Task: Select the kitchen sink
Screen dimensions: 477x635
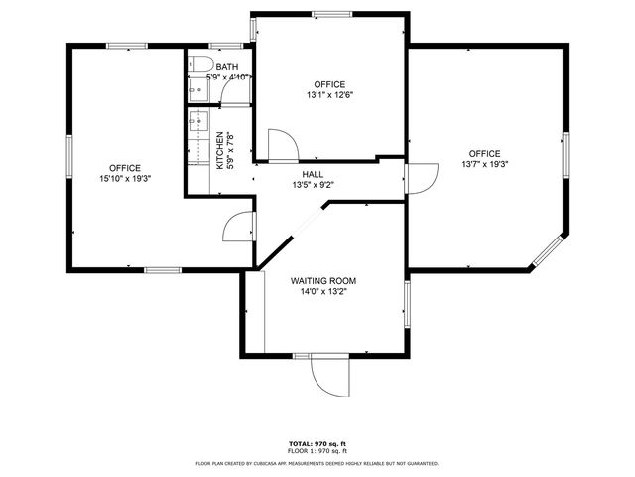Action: click(x=196, y=124)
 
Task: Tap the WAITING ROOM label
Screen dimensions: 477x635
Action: click(x=323, y=282)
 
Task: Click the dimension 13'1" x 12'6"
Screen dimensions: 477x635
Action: click(x=329, y=95)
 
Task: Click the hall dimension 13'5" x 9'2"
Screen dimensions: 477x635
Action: click(x=313, y=185)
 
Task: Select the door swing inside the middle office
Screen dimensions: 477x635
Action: click(x=280, y=147)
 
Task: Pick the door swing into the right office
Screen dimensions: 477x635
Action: click(x=421, y=179)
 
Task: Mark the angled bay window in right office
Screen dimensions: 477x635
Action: click(x=548, y=249)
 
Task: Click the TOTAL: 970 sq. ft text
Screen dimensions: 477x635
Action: click(x=317, y=443)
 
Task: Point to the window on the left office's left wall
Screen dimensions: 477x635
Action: click(x=69, y=159)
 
